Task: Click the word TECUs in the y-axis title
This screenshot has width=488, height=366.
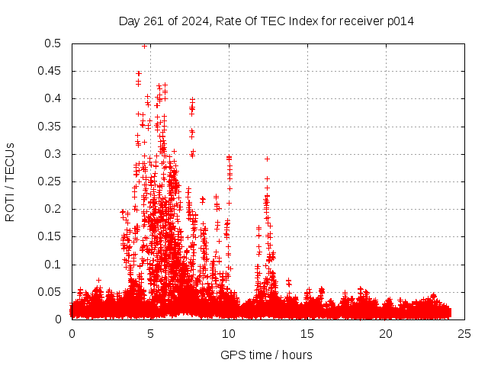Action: pos(10,163)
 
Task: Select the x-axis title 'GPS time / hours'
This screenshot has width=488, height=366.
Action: pos(266,355)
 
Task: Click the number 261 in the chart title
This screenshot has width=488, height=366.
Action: pos(152,21)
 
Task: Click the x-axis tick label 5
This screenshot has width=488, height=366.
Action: pos(150,334)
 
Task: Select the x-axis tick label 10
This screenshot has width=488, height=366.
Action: pos(229,334)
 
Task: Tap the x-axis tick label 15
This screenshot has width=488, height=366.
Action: pos(307,334)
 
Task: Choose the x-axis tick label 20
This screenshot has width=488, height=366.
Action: pos(386,334)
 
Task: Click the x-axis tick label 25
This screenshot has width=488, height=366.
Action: pos(464,334)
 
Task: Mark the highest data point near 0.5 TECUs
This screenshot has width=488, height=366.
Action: pos(145,46)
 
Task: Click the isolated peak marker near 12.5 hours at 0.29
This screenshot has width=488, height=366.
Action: pos(267,159)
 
